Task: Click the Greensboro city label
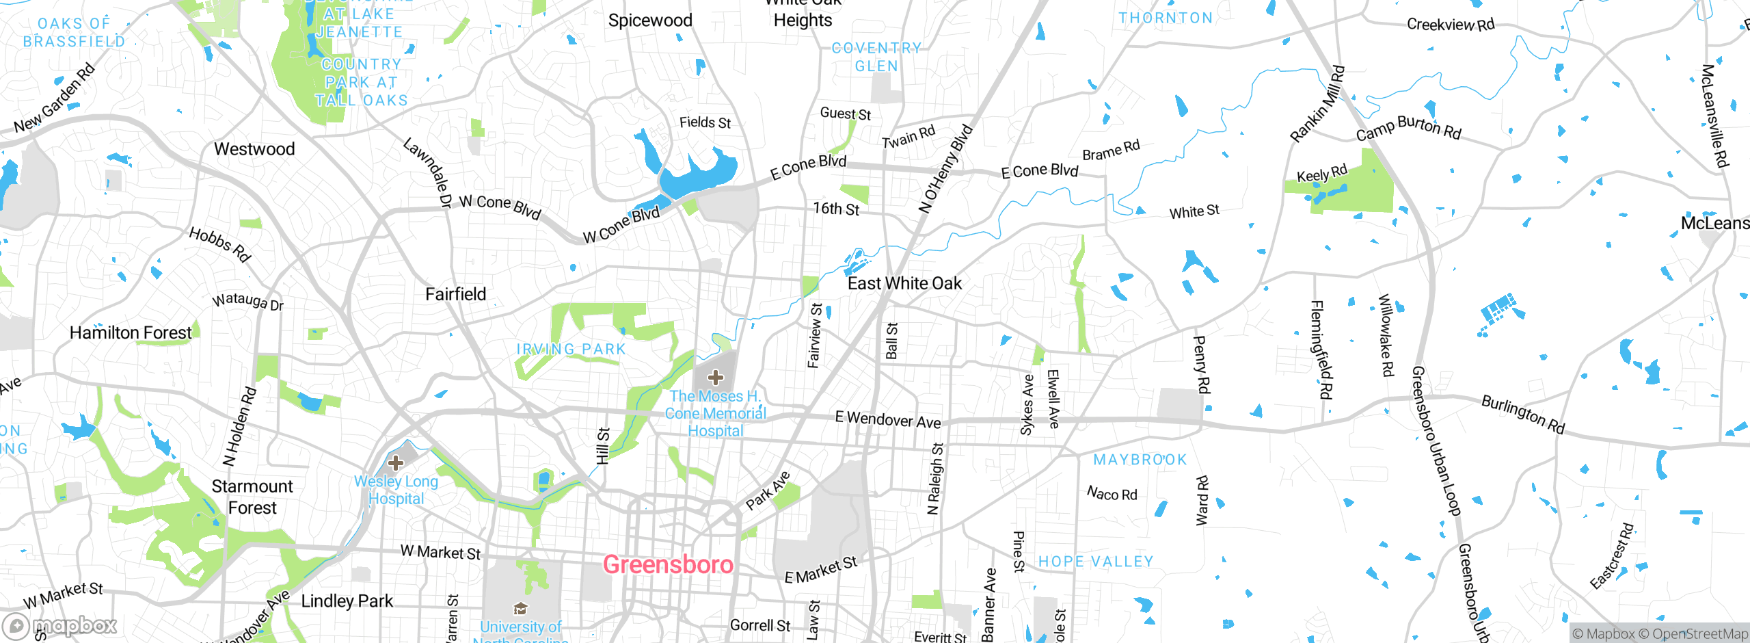[x=668, y=564]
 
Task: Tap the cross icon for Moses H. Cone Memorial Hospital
[x=715, y=378]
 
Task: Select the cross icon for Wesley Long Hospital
[x=395, y=463]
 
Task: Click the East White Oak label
[x=904, y=283]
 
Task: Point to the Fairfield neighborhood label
[x=455, y=294]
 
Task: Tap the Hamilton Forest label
[x=131, y=332]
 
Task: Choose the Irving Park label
[x=571, y=349]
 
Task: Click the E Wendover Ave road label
[x=887, y=420]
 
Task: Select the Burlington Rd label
[x=1522, y=415]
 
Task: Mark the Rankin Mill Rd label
[x=1317, y=104]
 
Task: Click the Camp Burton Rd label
[x=1408, y=128]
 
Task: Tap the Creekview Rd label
[x=1450, y=25]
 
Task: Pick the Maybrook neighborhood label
[x=1140, y=460]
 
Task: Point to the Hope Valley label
[x=1095, y=562]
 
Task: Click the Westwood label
[x=254, y=148]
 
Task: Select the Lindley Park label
[x=347, y=601]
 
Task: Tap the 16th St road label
[x=835, y=209]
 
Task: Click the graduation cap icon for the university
[x=520, y=609]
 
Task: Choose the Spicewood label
[x=650, y=21]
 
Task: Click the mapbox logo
[x=60, y=625]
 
